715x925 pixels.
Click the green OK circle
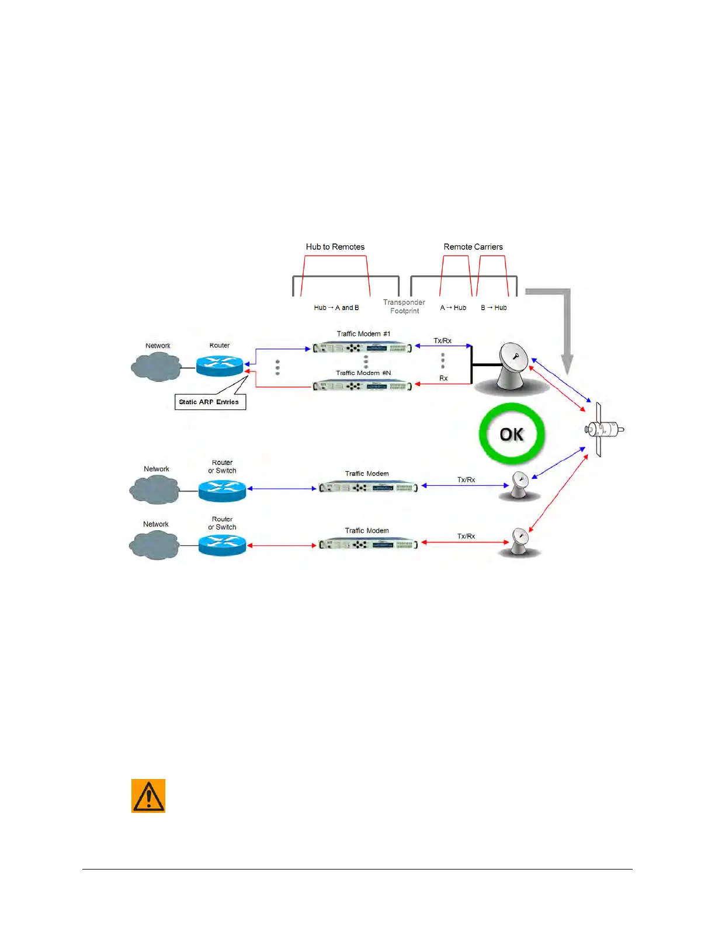(x=512, y=434)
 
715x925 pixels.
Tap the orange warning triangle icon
(x=148, y=795)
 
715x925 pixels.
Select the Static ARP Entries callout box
(x=210, y=402)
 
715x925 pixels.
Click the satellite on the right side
(x=602, y=430)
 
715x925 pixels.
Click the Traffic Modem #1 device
(x=362, y=348)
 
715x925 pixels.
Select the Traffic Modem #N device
(x=362, y=385)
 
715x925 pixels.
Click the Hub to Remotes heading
(x=335, y=246)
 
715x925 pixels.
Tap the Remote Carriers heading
(x=473, y=246)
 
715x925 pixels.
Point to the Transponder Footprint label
(x=404, y=307)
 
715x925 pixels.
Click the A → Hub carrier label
(x=453, y=308)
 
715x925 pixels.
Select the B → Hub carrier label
(x=494, y=308)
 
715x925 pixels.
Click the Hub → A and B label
(x=336, y=308)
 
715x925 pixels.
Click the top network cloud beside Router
(x=155, y=366)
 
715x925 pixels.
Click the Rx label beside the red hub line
(x=443, y=378)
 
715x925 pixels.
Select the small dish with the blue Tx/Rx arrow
(x=519, y=485)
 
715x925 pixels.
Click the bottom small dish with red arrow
(x=519, y=542)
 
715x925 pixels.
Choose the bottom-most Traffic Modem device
(x=368, y=544)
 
